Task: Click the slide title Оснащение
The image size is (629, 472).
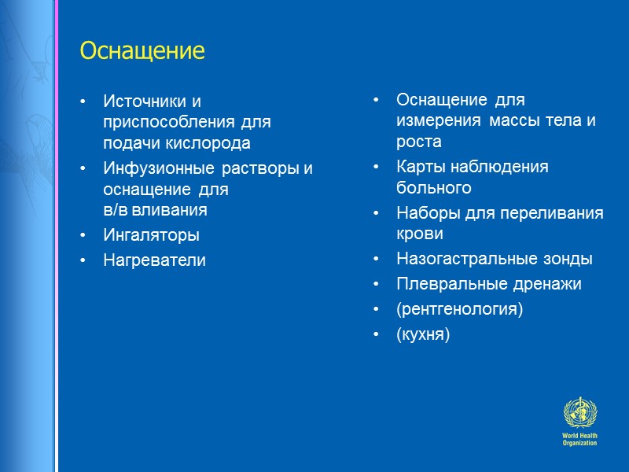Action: (x=142, y=52)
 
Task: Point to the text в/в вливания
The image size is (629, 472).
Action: (x=155, y=210)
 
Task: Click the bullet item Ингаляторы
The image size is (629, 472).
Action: (x=151, y=235)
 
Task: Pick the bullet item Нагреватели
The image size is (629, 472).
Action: (x=154, y=260)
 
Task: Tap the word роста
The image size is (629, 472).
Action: (x=418, y=142)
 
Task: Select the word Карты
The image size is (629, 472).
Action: (x=418, y=168)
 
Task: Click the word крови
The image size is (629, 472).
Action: (x=420, y=234)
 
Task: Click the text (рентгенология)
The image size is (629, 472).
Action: (x=459, y=309)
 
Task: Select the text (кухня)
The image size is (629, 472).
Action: (x=423, y=334)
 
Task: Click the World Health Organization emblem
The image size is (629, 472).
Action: (x=579, y=414)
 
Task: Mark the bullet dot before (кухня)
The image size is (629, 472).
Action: (x=377, y=334)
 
